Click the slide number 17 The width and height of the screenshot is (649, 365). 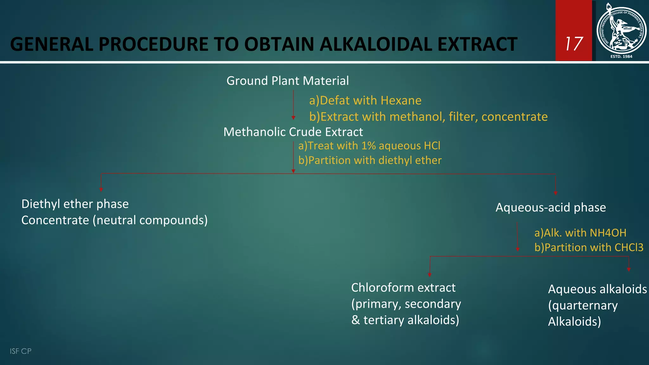point(574,44)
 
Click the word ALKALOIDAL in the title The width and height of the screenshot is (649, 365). point(376,44)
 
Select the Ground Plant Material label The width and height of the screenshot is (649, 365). point(287,81)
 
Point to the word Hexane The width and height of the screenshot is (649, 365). point(401,100)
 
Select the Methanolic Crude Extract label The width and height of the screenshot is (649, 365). point(293,132)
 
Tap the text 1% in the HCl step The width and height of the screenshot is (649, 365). point(369,146)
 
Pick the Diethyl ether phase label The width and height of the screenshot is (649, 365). point(75,204)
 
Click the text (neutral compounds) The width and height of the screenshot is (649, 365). point(150,220)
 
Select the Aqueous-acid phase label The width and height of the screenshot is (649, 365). point(550,208)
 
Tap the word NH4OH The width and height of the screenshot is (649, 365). point(608,233)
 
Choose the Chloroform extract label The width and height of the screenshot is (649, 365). point(403,288)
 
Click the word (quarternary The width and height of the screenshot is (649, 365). point(583,305)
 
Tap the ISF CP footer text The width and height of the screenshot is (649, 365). point(21,351)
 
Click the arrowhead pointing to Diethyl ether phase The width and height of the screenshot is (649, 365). point(101,189)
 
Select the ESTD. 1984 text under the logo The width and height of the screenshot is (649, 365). point(621,56)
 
